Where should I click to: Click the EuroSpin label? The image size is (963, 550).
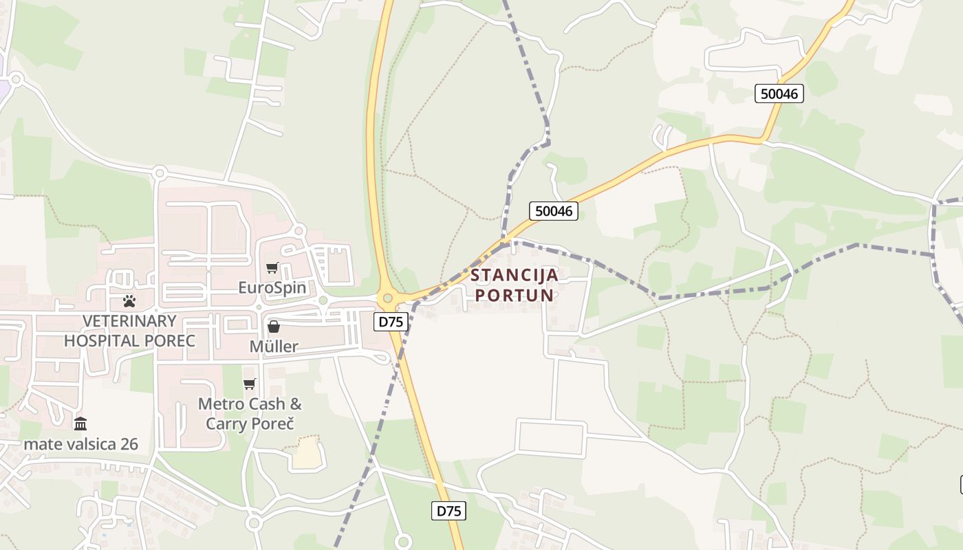tap(272, 287)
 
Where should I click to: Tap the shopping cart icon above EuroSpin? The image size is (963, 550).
tap(272, 267)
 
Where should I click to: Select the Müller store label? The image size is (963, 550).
tap(274, 346)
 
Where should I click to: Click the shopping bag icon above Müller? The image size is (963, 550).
tap(274, 327)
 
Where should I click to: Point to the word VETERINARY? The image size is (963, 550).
tap(129, 321)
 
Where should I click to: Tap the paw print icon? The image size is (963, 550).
tap(129, 300)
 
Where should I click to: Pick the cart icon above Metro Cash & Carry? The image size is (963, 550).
tap(249, 384)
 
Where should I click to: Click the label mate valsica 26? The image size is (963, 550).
tap(80, 444)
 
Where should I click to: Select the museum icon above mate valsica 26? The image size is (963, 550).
tap(80, 423)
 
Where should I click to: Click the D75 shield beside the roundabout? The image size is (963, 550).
tap(391, 321)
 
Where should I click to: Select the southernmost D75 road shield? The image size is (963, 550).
tap(448, 511)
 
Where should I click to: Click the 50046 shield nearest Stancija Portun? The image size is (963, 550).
tap(554, 211)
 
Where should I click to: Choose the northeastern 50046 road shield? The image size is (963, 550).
tap(779, 93)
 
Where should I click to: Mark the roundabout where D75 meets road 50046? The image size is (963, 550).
tap(387, 298)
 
